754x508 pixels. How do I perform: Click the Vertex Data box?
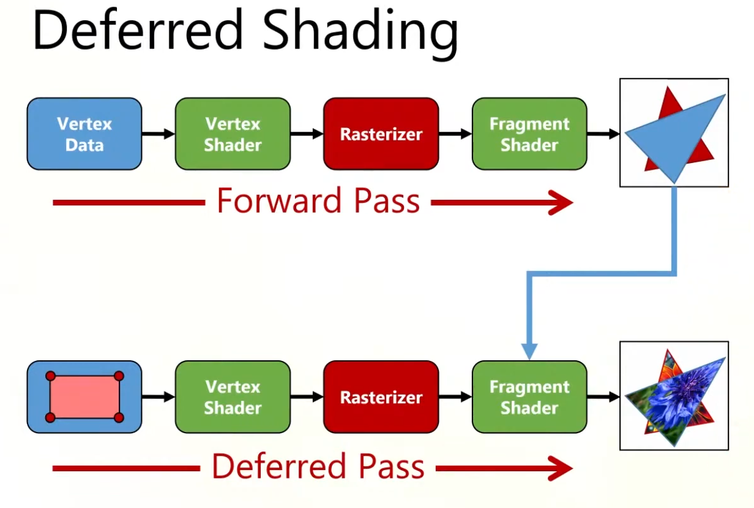(x=84, y=134)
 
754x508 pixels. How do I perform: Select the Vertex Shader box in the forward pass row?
(x=233, y=134)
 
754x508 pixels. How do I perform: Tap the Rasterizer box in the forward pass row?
(x=381, y=134)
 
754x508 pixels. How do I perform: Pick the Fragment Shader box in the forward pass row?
(x=529, y=134)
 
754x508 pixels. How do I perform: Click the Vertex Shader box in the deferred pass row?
(x=233, y=396)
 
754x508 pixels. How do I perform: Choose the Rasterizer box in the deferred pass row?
(x=381, y=396)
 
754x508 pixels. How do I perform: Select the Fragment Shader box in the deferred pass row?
(x=529, y=396)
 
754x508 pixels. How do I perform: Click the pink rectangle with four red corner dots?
(x=84, y=396)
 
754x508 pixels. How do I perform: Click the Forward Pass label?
(x=318, y=201)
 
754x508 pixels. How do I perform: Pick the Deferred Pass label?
(x=318, y=468)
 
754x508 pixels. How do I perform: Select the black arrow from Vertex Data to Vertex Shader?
(x=158, y=134)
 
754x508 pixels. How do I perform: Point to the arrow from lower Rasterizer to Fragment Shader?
(x=455, y=396)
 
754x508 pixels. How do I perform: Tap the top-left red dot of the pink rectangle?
(x=51, y=376)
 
